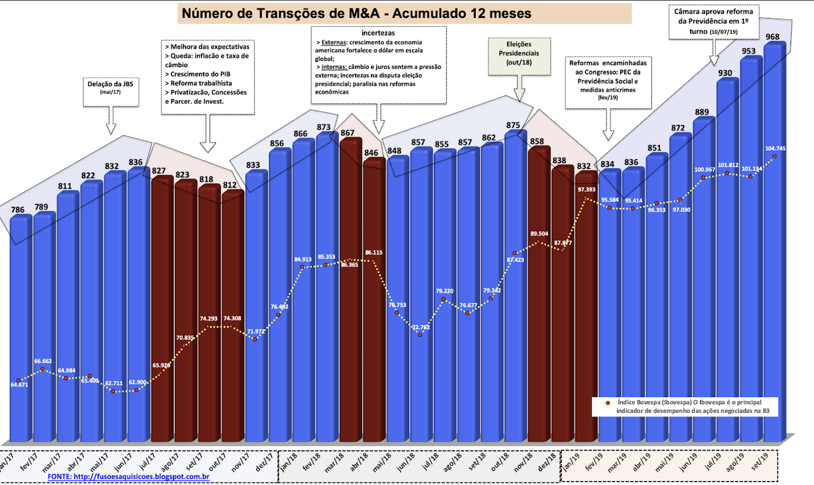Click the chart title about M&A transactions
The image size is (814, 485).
(356, 13)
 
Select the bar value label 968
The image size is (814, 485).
(772, 37)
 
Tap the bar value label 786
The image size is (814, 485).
(18, 209)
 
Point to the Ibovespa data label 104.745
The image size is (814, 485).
(775, 149)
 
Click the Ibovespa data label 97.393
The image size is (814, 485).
(586, 189)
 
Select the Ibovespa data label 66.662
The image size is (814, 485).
(43, 361)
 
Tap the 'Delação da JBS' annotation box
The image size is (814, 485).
(110, 92)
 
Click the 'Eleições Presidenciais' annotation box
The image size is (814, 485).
(519, 56)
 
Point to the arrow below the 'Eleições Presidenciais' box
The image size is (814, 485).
(519, 90)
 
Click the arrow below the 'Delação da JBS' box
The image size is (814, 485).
(110, 121)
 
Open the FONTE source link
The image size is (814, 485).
(128, 477)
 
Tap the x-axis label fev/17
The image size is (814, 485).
(29, 462)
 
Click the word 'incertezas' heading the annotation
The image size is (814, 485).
(378, 33)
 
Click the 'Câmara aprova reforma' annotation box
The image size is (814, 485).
(713, 21)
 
